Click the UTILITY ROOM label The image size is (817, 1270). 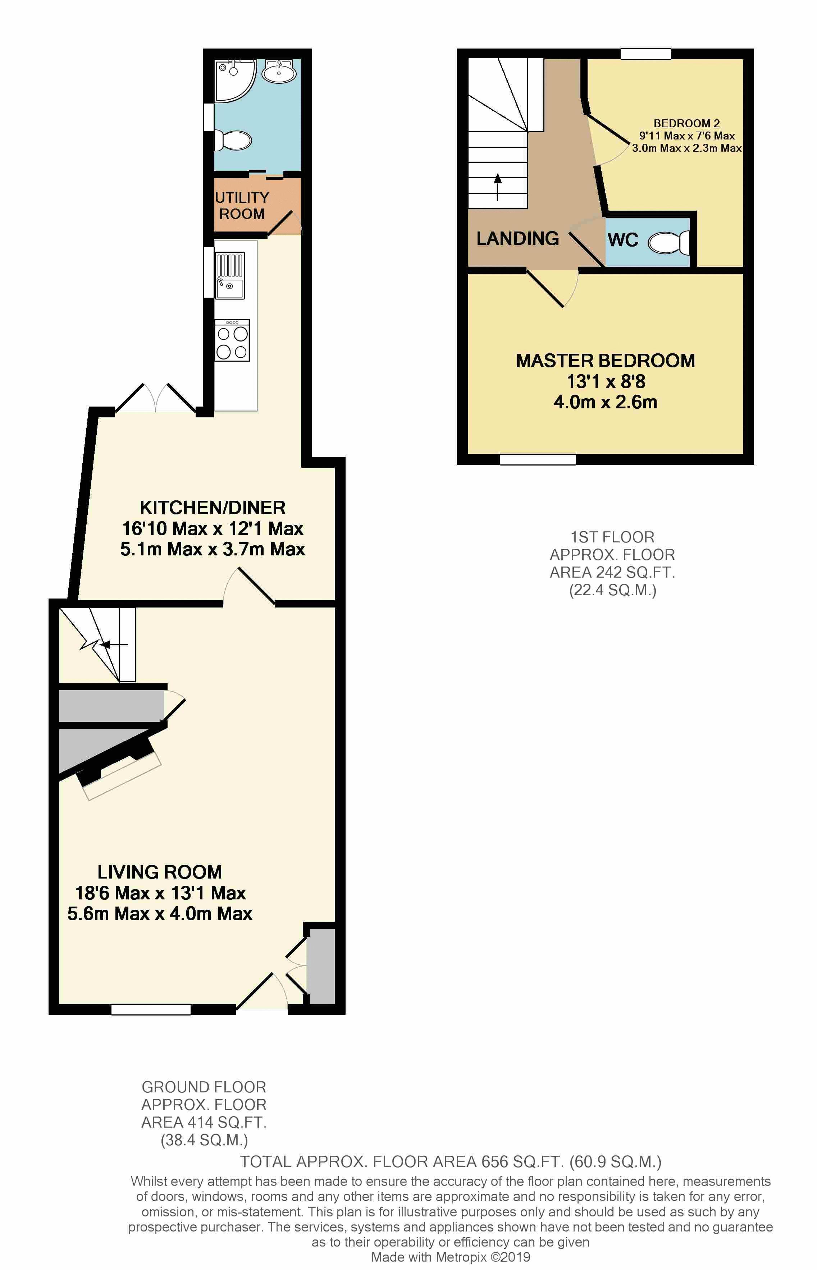[242, 206]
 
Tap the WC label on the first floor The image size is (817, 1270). [623, 240]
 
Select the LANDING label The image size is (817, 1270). [517, 239]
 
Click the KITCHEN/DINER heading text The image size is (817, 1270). [213, 508]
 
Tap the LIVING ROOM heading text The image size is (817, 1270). [160, 872]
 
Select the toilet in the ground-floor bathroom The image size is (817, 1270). [232, 141]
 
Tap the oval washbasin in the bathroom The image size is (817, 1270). [279, 73]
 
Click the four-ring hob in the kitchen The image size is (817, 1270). [232, 340]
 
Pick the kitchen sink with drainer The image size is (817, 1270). [230, 275]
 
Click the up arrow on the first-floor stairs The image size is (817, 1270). [498, 187]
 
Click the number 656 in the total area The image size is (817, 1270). [494, 1162]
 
